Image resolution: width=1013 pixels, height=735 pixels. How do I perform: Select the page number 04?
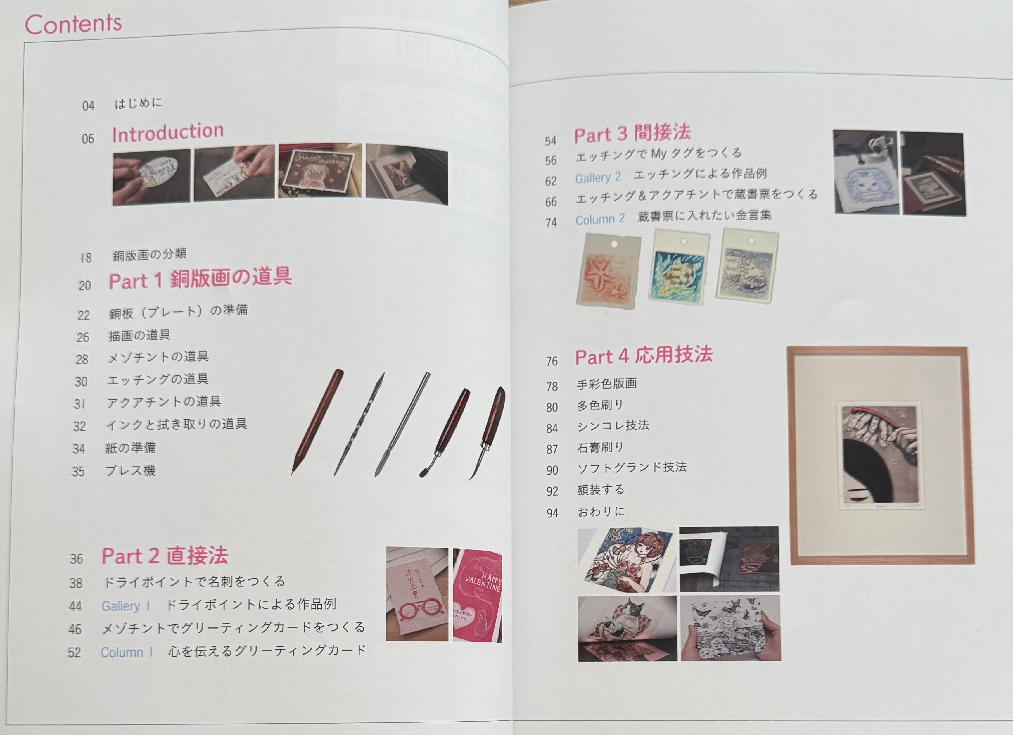click(x=89, y=106)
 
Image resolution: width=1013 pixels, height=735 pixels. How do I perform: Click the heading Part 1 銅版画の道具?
click(x=200, y=278)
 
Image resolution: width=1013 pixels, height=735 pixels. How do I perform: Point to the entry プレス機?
click(x=130, y=470)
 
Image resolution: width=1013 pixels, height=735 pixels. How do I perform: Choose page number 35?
click(x=78, y=471)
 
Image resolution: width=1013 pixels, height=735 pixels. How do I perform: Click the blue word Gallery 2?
click(x=598, y=177)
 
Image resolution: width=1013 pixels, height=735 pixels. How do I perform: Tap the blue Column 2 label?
click(x=600, y=219)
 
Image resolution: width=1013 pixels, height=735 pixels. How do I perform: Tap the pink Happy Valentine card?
click(x=477, y=595)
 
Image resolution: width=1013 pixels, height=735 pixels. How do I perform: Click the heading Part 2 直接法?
click(x=165, y=555)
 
